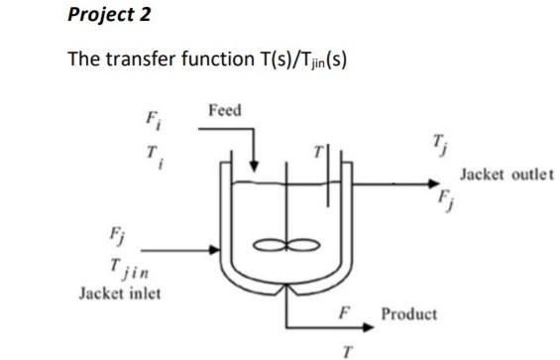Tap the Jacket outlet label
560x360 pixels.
click(500, 188)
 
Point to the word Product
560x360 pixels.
click(409, 314)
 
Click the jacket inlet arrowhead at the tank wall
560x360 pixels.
click(211, 248)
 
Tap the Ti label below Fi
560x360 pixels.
click(153, 155)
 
